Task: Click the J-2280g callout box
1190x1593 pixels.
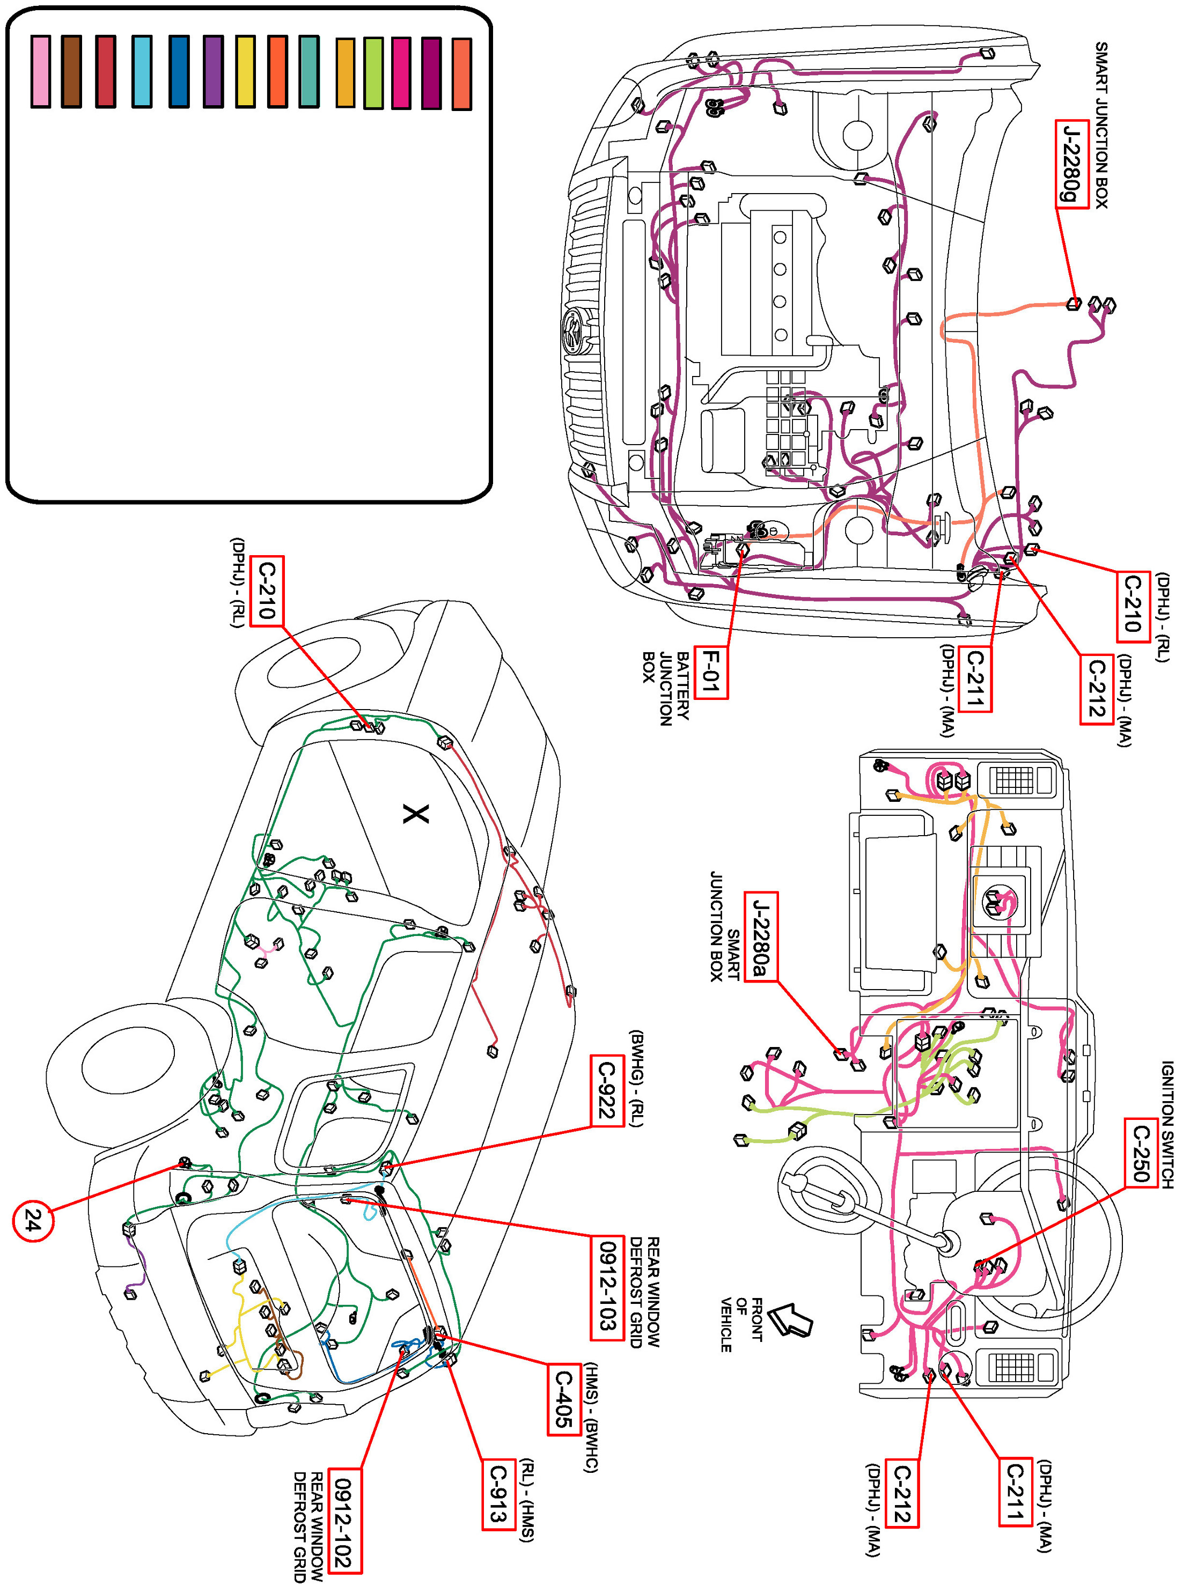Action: point(1071,164)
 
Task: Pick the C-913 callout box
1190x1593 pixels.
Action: point(498,1492)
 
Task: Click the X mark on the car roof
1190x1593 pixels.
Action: point(416,815)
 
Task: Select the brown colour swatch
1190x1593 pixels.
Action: point(71,71)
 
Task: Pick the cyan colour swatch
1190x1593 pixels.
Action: point(142,71)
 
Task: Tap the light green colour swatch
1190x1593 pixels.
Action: point(373,73)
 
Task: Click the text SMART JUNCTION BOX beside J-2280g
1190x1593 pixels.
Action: point(1101,126)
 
